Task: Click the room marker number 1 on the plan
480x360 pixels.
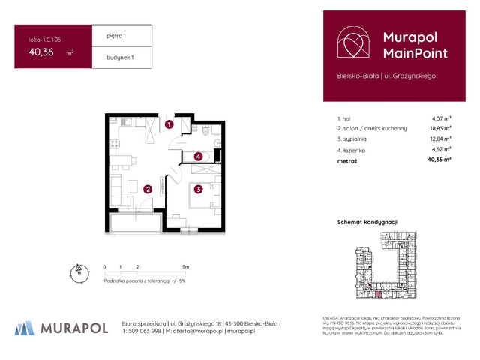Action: (x=170, y=124)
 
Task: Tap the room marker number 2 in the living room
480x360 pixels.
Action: (x=148, y=190)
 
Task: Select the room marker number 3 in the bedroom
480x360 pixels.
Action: (x=198, y=190)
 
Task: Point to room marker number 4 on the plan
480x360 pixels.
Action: (x=198, y=157)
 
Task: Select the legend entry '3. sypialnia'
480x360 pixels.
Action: (x=355, y=139)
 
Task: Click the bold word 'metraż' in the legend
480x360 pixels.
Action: (x=348, y=160)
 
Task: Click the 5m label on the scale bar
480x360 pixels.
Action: (x=185, y=266)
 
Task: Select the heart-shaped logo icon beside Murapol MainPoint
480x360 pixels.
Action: (x=352, y=44)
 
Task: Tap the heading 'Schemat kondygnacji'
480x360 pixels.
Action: (x=367, y=222)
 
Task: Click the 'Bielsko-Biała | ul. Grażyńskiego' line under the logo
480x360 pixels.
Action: (x=386, y=75)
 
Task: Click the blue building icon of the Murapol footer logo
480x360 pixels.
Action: (x=25, y=328)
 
